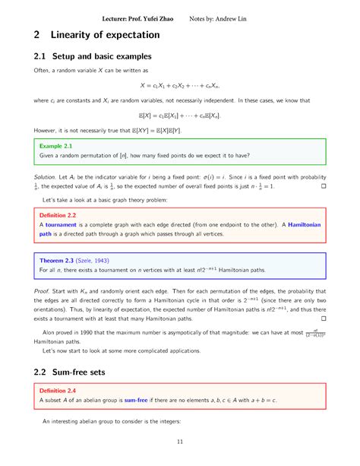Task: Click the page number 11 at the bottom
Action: pos(180,443)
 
